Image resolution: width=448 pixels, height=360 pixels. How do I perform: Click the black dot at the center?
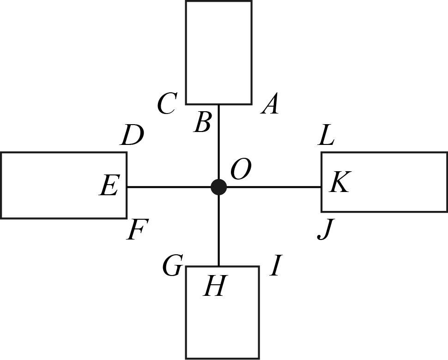(x=218, y=187)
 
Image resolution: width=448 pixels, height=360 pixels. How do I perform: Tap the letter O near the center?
(x=240, y=170)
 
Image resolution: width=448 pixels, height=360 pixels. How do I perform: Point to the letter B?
(x=203, y=123)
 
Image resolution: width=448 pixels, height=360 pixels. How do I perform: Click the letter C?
(x=166, y=104)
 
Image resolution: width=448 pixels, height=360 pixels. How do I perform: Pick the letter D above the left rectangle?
(x=132, y=136)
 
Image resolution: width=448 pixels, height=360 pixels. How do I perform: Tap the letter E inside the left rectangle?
(x=109, y=186)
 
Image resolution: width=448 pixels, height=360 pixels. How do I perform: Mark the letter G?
(x=172, y=266)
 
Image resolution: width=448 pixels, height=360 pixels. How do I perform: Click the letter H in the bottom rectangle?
(x=214, y=287)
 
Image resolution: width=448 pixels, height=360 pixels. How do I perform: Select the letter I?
(x=276, y=266)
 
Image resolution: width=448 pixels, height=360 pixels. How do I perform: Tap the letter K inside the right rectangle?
(x=340, y=182)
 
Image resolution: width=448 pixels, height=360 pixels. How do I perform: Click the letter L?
(x=326, y=136)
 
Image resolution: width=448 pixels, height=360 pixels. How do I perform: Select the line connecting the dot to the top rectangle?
(x=218, y=143)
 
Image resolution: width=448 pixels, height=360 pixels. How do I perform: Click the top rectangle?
(x=218, y=51)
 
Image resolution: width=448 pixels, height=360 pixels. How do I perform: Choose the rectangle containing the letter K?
(x=393, y=182)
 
